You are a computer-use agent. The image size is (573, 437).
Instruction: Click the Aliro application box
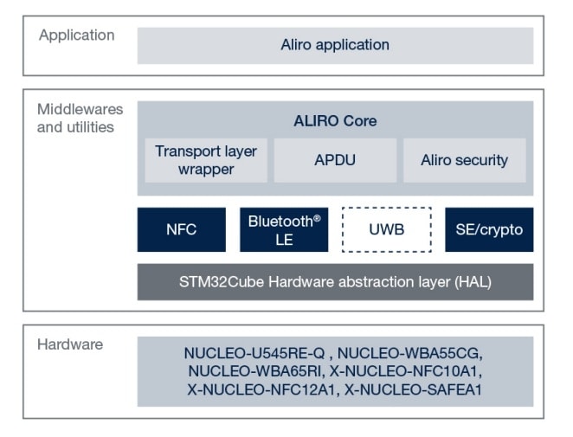pos(335,45)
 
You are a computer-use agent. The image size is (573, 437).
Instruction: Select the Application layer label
pos(76,35)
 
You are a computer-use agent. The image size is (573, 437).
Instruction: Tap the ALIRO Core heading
pos(335,120)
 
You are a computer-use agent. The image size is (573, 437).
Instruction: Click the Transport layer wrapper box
pos(206,160)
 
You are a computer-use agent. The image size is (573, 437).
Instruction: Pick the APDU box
pos(335,160)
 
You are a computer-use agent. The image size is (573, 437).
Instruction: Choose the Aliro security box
pos(464,160)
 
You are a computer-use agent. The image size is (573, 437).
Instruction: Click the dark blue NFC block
pos(181,230)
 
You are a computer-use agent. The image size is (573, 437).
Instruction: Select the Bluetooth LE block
pos(284,230)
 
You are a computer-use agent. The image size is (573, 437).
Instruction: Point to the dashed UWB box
pos(386,230)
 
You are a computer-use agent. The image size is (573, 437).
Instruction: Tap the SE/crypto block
pos(489,230)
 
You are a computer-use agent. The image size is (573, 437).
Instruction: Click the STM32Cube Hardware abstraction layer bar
pos(335,282)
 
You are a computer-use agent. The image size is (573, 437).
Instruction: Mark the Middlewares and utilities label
pos(80,119)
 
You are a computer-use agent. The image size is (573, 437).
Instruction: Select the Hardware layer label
pos(70,344)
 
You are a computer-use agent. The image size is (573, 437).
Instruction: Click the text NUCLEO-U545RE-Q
pos(255,353)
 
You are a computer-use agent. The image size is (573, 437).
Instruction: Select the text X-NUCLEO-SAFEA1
pos(413,389)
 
